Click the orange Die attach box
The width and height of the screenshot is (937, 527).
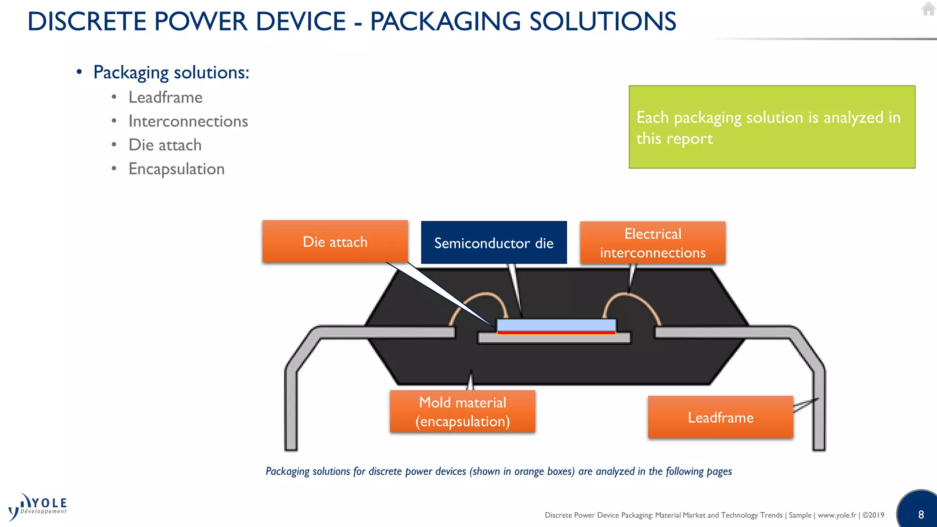coord(335,242)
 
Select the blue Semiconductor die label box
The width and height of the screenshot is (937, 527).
coord(494,243)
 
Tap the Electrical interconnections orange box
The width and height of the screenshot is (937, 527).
coord(652,243)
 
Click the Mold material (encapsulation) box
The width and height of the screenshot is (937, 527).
coord(462,411)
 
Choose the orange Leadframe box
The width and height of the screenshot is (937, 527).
coord(720,417)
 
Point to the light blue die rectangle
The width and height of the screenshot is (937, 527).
coord(556,325)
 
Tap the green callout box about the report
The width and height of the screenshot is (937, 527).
coord(772,127)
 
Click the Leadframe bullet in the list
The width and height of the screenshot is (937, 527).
coord(165,97)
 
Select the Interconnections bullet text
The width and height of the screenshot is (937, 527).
coord(188,121)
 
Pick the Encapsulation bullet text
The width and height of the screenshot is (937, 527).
coord(176,169)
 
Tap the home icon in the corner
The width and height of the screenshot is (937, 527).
coord(928,9)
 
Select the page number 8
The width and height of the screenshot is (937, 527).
coord(921,515)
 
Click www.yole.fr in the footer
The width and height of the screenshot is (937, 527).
coord(837,515)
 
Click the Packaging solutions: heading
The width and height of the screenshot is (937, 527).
coord(171,72)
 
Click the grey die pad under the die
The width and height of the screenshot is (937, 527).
coord(554,339)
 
